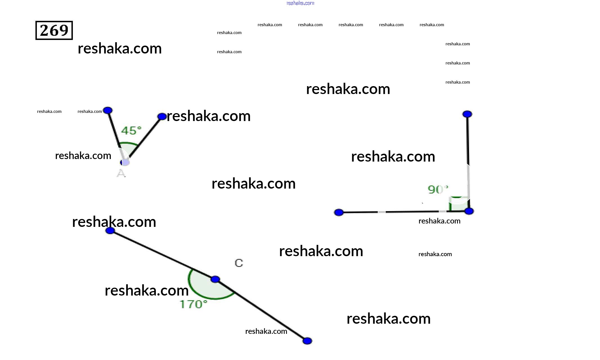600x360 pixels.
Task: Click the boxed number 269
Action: (54, 30)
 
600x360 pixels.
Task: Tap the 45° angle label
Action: (131, 131)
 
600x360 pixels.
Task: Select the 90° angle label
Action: (438, 189)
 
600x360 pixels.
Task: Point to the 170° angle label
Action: (193, 304)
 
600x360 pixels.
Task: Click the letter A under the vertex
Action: (121, 173)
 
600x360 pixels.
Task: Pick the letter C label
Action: (239, 263)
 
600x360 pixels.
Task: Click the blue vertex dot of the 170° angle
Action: (215, 279)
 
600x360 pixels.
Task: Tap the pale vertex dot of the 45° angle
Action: (125, 162)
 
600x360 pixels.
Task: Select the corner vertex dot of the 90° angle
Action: (469, 211)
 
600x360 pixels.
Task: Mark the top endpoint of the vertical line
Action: (467, 114)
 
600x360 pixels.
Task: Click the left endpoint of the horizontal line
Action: (339, 212)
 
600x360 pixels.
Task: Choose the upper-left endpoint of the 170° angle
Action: (110, 231)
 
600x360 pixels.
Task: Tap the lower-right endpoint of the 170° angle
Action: (307, 341)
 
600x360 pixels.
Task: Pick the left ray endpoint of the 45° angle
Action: (108, 110)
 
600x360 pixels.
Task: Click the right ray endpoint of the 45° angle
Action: (162, 117)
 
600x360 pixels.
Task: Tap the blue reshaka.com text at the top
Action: (300, 3)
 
